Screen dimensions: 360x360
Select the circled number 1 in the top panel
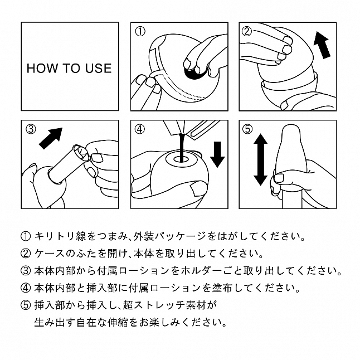tap(140, 31)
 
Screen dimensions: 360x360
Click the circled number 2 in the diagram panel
tap(247, 31)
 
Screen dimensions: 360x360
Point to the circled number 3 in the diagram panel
tap(31, 129)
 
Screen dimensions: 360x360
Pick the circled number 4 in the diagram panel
tap(140, 129)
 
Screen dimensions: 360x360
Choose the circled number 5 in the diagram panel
tap(247, 129)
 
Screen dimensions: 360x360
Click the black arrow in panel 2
tap(322, 45)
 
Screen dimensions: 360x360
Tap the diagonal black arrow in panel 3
tap(51, 138)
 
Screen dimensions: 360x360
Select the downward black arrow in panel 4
tap(217, 154)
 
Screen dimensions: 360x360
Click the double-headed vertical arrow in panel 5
tap(260, 159)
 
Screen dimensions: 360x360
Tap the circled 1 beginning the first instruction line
tap(26, 236)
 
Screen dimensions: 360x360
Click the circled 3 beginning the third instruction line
tap(26, 271)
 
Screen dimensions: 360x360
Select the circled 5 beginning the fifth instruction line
tap(26, 305)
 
